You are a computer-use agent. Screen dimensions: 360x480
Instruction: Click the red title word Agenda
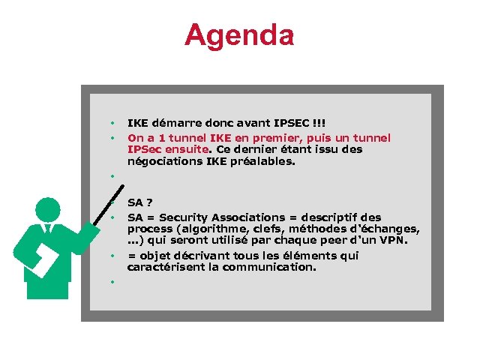(239, 34)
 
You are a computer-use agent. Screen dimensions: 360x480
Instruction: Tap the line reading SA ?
(140, 202)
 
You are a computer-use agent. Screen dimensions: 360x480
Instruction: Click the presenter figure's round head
(47, 209)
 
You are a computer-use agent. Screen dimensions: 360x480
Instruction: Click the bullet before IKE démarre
(111, 122)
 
